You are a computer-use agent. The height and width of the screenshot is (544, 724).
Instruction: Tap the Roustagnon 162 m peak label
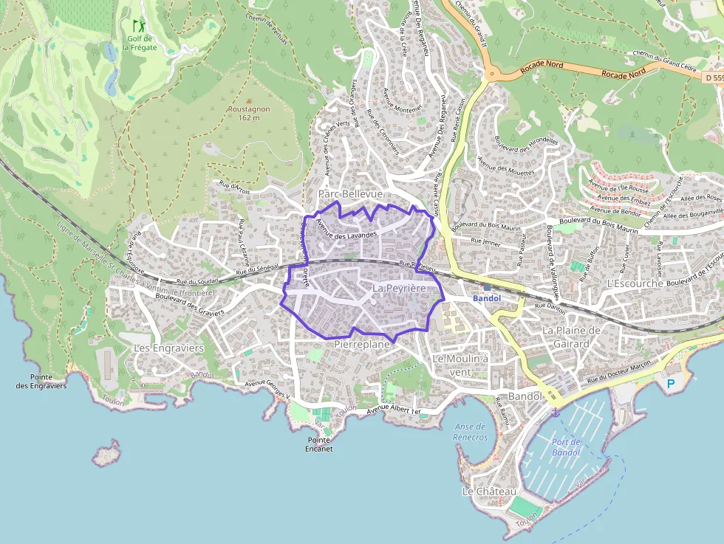pos(249,113)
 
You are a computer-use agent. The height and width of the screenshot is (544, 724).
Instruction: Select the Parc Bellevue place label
pos(350,193)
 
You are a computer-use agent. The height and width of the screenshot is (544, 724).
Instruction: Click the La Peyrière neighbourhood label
pos(400,288)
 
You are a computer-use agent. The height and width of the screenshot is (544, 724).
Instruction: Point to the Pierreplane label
pos(361,345)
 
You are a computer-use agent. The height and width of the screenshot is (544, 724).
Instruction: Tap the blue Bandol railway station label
pos(487,298)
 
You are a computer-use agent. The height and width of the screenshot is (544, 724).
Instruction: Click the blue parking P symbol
pos(671,384)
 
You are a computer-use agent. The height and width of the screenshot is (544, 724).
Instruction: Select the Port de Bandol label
pos(567,447)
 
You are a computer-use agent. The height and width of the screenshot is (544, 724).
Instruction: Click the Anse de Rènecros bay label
pos(471,432)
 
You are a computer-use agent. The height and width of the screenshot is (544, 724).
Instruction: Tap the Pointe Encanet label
pos(320,444)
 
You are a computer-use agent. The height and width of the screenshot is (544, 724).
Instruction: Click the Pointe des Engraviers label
pos(41,382)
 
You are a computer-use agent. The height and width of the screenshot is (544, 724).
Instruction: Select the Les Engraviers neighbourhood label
pos(168,347)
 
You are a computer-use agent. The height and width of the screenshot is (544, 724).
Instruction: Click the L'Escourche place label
pos(634,283)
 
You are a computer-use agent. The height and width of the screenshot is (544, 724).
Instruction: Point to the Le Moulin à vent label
pos(461,365)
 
